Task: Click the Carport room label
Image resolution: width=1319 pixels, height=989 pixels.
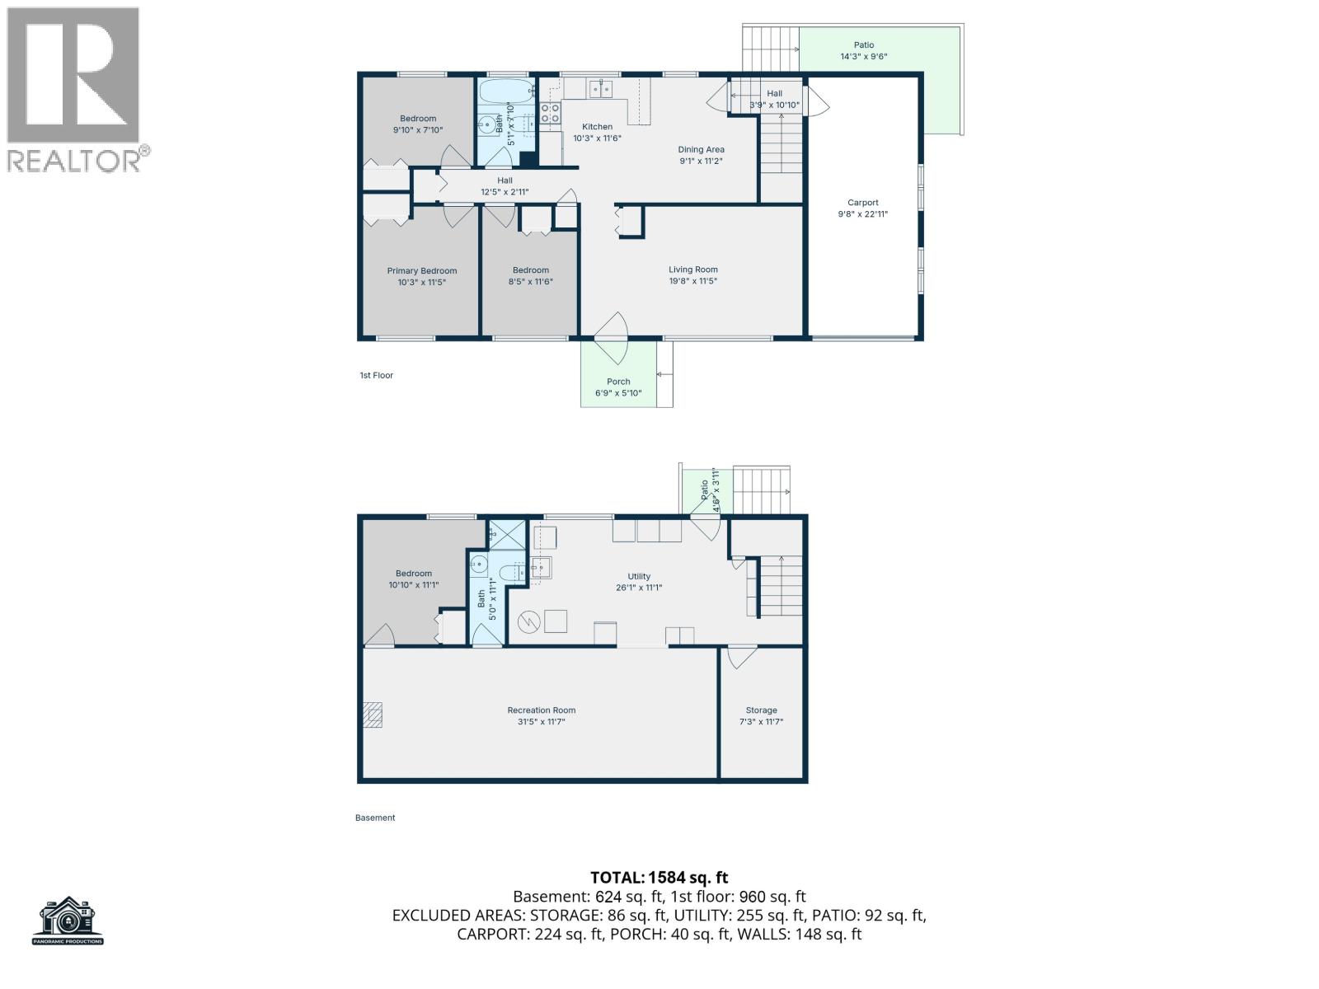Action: pos(863,203)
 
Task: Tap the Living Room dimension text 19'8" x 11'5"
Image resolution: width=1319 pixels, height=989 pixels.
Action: pos(693,281)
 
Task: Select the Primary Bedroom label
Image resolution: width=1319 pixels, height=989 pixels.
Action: pos(422,271)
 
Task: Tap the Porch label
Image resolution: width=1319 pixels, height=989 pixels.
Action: pos(618,382)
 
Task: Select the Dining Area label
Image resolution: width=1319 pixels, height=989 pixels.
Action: pos(702,150)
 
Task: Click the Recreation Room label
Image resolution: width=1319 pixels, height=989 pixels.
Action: pos(542,710)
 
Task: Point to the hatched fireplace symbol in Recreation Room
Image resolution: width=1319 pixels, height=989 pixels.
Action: pos(374,715)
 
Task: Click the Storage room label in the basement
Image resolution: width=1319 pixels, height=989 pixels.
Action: pos(762,710)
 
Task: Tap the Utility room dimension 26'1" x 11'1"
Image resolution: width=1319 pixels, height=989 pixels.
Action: pos(639,588)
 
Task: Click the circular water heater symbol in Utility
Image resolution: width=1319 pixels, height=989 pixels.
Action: pos(527,622)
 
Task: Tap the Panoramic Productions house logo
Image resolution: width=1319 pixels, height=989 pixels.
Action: pos(68,918)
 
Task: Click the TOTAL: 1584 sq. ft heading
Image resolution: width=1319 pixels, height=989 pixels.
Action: pos(659,878)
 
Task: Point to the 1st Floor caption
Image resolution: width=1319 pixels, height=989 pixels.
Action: pos(376,376)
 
